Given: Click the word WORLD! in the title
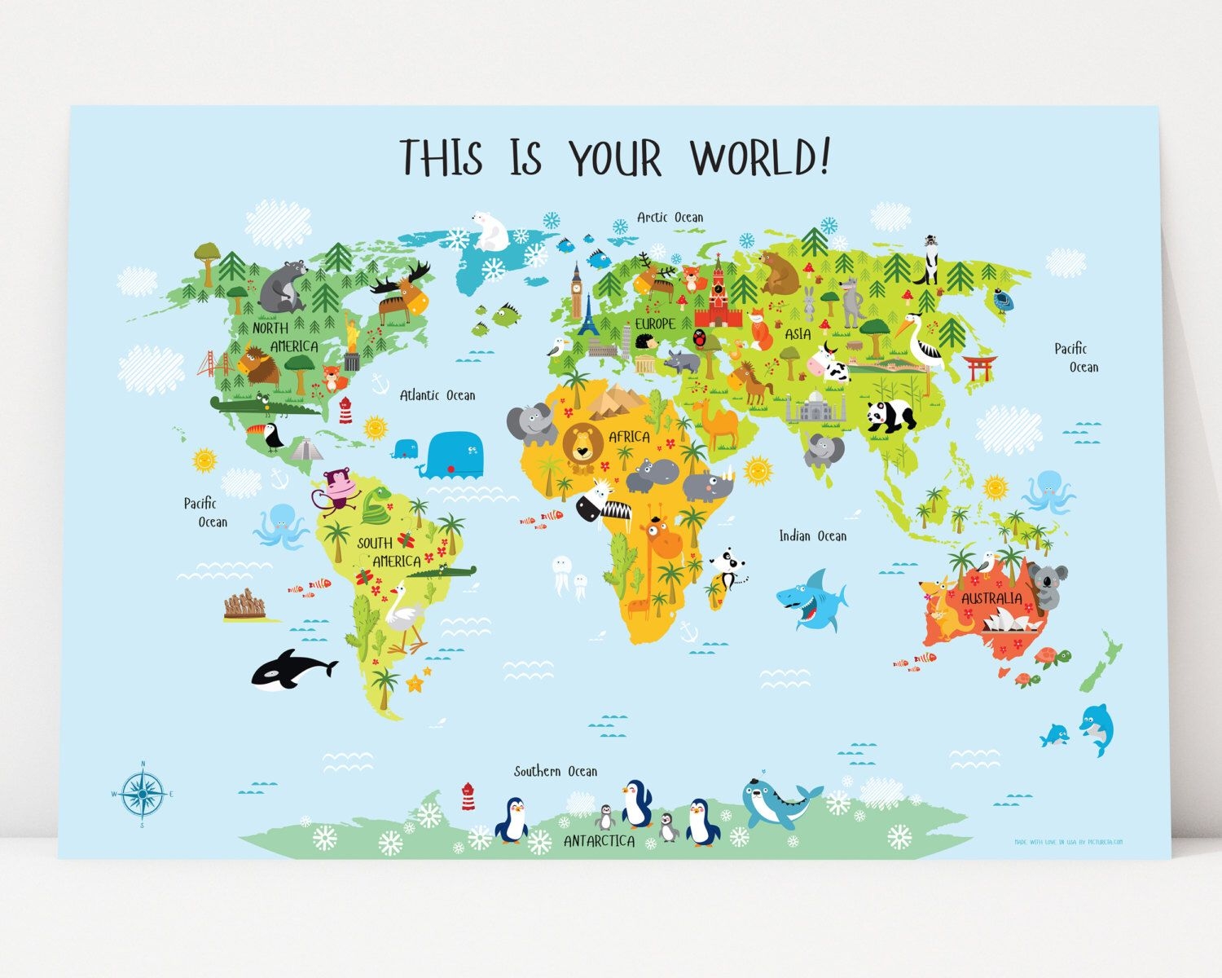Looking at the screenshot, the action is click(x=759, y=156).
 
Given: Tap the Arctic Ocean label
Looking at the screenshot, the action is click(x=670, y=217).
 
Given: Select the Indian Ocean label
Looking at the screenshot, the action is click(x=812, y=535).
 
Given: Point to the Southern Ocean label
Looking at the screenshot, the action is click(x=556, y=771).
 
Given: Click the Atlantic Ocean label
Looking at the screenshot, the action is click(x=437, y=395).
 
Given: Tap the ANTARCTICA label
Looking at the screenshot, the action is click(x=599, y=841).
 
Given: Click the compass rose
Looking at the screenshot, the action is click(x=143, y=793).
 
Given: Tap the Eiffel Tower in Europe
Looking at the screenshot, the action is click(x=589, y=316).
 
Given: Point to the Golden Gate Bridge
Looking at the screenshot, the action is click(x=214, y=363).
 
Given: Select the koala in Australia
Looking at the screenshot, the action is click(x=1048, y=584).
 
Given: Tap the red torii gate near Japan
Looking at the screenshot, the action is click(x=979, y=368).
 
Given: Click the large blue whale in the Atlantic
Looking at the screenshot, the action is click(x=453, y=455).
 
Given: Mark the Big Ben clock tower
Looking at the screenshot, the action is click(x=577, y=289).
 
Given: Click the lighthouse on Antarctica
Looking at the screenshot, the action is click(x=468, y=796).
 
